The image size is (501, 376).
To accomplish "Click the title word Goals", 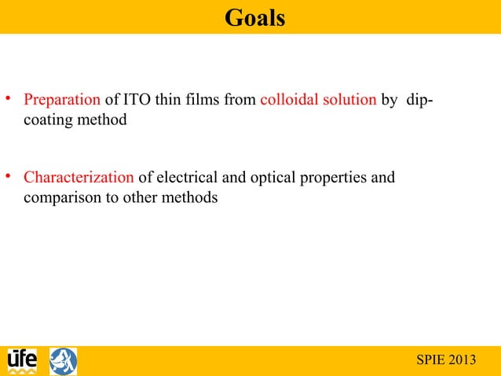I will coord(254,17).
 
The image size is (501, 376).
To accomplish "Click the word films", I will coord(204,101).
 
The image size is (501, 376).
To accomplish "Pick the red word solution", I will coord(349,101).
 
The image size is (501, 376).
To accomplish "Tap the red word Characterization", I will coord(79,177).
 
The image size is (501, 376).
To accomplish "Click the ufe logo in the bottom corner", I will coord(22,361).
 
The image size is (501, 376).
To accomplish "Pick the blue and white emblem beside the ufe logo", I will coord(64,361).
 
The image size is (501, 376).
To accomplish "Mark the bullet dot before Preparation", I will coord(9,100).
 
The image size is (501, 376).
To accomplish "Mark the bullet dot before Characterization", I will coord(9,175).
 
